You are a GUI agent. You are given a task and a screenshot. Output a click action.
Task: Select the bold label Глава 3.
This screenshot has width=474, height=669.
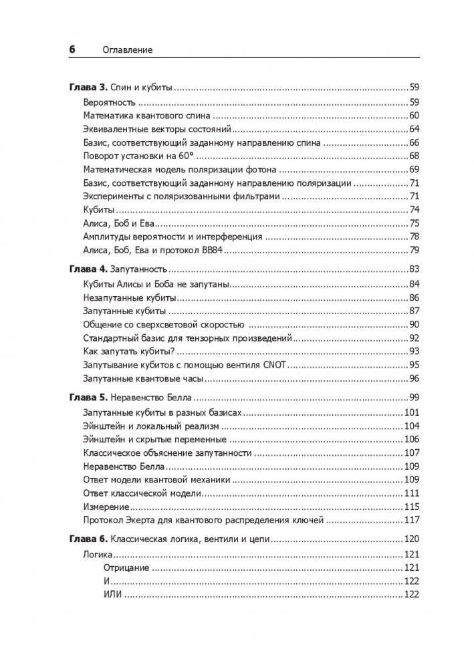[88, 88]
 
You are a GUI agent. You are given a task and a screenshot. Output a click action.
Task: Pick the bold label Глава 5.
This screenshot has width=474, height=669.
[88, 397]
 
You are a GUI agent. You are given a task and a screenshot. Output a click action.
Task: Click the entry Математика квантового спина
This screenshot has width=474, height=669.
[134, 116]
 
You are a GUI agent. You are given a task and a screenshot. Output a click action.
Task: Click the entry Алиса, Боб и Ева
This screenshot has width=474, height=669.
[120, 223]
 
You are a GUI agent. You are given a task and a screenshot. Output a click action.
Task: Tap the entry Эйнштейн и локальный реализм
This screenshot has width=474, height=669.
[145, 426]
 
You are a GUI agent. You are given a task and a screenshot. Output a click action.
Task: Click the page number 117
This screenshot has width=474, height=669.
[411, 520]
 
